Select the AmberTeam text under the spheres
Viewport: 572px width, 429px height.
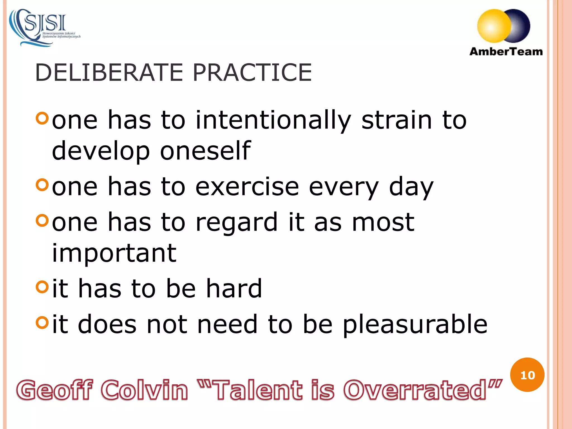(x=506, y=52)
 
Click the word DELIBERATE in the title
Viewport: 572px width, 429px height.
(x=109, y=73)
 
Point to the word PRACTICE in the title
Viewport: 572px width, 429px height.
(x=252, y=73)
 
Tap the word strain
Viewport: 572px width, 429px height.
(x=397, y=120)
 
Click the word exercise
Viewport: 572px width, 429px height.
(x=247, y=187)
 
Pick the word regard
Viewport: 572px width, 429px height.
(x=237, y=223)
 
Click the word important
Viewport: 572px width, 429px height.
(x=114, y=254)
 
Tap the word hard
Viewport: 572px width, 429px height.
(x=234, y=288)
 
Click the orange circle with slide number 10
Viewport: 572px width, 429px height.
(x=527, y=375)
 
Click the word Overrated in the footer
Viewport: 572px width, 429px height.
(x=415, y=390)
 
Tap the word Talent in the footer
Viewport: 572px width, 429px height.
(x=258, y=390)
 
